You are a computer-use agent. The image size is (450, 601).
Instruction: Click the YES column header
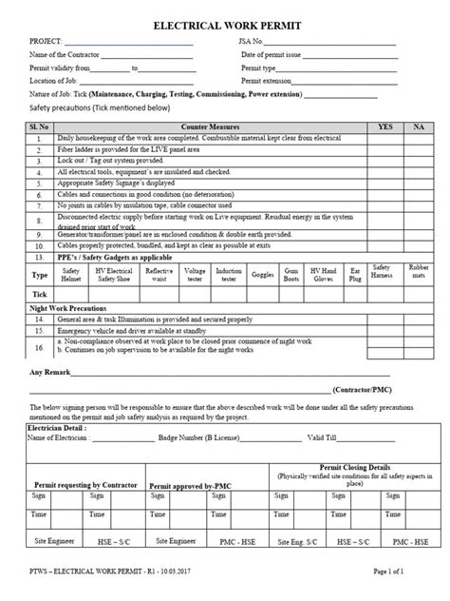(x=384, y=126)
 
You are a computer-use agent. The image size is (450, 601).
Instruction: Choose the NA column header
(x=419, y=126)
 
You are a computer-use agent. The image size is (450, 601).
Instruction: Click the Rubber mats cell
(x=419, y=273)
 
